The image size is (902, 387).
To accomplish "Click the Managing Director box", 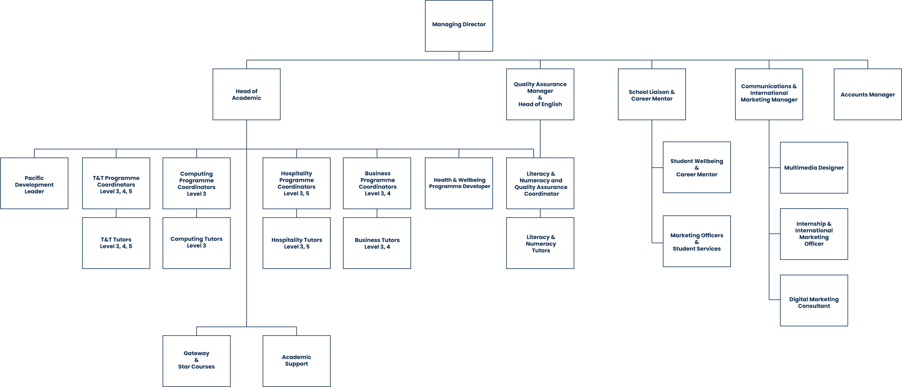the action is pyautogui.click(x=459, y=26).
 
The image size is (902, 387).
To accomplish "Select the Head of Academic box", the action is pyautogui.click(x=246, y=95).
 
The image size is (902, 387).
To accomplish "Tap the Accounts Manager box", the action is pyautogui.click(x=868, y=95).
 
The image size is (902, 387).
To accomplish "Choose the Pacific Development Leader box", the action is pyautogui.click(x=34, y=183).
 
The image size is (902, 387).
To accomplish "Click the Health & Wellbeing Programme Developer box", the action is pyautogui.click(x=459, y=183).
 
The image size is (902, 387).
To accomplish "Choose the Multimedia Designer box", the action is pyautogui.click(x=814, y=168).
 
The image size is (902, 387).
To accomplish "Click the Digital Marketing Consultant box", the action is pyautogui.click(x=814, y=300).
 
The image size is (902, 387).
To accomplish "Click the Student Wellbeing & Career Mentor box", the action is pyautogui.click(x=697, y=167).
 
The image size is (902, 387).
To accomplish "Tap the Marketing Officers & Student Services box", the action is pyautogui.click(x=697, y=241).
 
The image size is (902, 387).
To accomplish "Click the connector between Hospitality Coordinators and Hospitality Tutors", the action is pyautogui.click(x=297, y=213).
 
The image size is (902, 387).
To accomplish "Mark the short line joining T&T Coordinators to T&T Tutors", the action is pyautogui.click(x=116, y=213).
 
